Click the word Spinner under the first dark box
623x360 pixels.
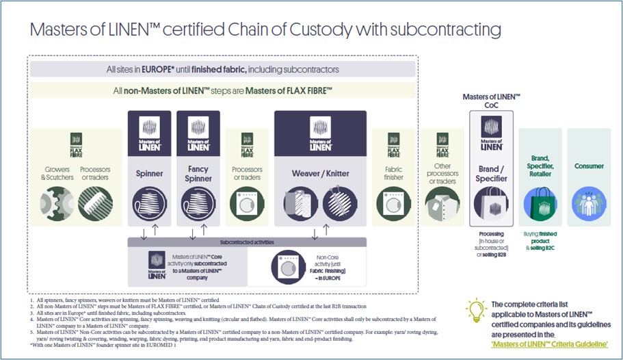pyautogui.click(x=148, y=174)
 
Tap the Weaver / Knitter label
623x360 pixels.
pyautogui.click(x=321, y=174)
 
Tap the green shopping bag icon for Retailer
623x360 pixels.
pyautogui.click(x=540, y=203)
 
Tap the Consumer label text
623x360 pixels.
pyautogui.click(x=589, y=166)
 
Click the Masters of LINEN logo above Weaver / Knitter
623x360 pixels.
pyautogui.click(x=321, y=133)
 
